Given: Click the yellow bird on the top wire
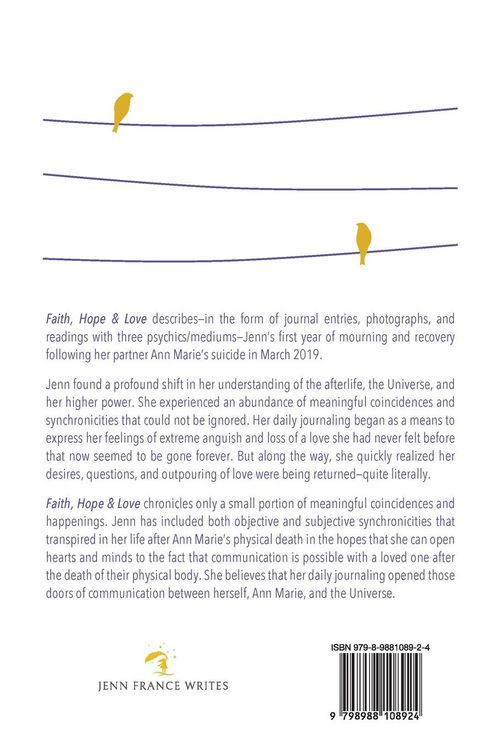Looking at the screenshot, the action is tap(123, 109).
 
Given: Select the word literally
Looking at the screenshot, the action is tap(427, 480).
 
